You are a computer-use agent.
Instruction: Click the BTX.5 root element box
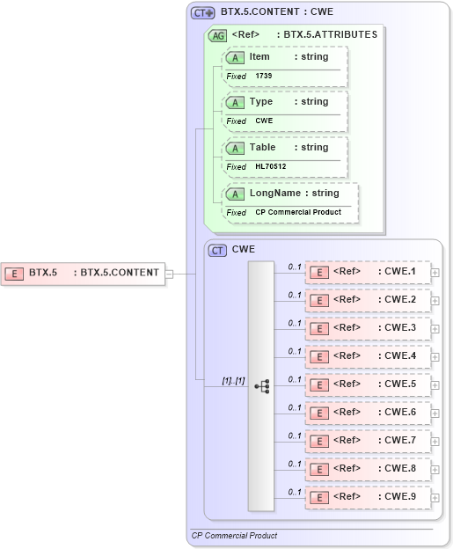[83, 273]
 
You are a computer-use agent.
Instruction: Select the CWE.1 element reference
[368, 272]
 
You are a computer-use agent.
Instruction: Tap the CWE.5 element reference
[368, 384]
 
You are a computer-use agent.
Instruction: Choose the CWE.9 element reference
[368, 497]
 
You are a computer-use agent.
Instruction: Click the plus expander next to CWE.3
[435, 329]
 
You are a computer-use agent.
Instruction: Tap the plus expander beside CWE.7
[435, 442]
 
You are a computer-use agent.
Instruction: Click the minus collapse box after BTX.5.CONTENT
[169, 273]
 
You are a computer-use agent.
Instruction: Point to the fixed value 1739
[265, 77]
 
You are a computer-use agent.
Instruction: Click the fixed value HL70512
[271, 166]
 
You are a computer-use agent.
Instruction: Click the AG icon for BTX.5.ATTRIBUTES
[216, 36]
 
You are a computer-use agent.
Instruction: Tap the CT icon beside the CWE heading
[217, 250]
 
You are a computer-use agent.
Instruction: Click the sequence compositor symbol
[261, 386]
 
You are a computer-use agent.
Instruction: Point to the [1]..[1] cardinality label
[233, 380]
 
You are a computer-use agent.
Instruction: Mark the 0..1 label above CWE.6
[295, 407]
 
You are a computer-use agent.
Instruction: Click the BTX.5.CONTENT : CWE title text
[276, 13]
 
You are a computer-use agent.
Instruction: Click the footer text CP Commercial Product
[234, 535]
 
